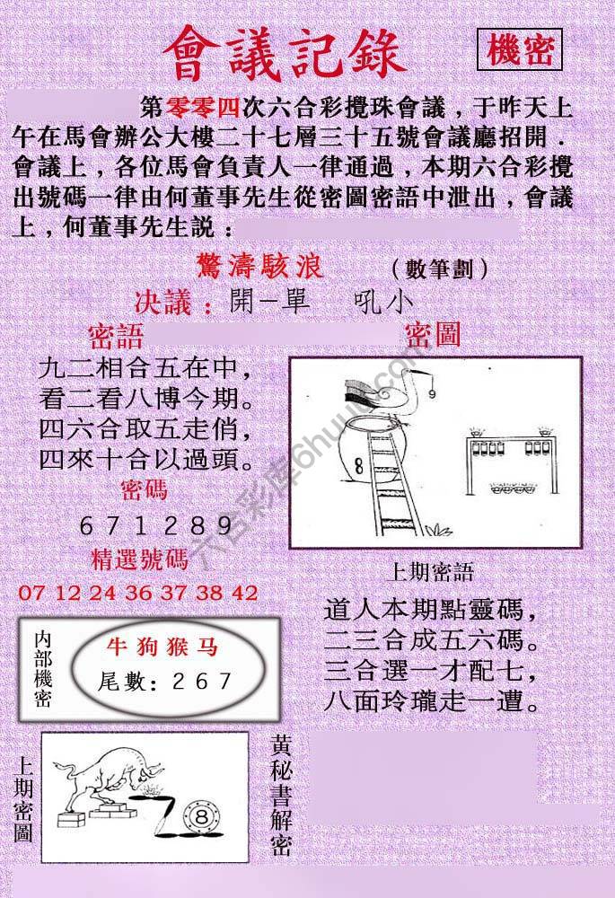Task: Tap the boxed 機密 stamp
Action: tap(520, 51)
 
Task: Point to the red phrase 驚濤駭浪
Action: tap(259, 267)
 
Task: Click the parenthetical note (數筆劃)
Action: tap(440, 268)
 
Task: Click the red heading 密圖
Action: tap(433, 336)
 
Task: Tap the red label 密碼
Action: tap(143, 489)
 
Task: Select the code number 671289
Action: tap(143, 525)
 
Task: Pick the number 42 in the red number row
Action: tap(244, 594)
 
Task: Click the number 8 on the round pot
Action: tap(358, 465)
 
